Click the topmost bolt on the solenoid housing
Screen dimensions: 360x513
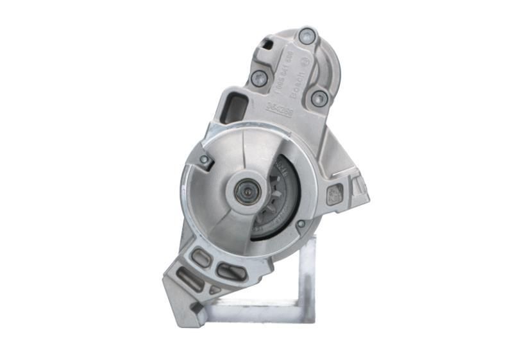pyautogui.click(x=308, y=36)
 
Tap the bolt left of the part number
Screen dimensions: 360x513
pyautogui.click(x=260, y=78)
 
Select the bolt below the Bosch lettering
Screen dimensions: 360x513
pyautogui.click(x=319, y=98)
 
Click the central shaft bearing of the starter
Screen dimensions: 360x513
pyautogui.click(x=246, y=191)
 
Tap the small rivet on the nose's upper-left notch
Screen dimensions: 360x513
pyautogui.click(x=204, y=159)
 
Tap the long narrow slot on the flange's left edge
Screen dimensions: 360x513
pyautogui.click(x=190, y=280)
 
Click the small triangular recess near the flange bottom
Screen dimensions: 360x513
pyautogui.click(x=214, y=290)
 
